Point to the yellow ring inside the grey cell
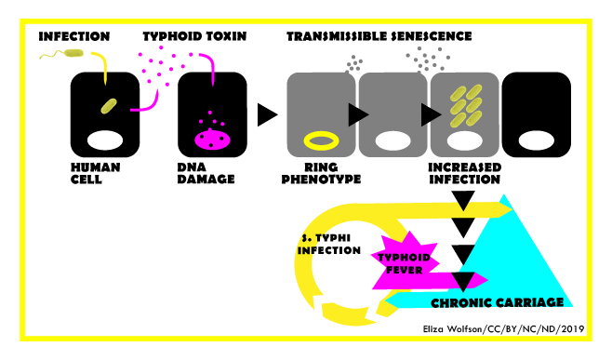[x=322, y=141]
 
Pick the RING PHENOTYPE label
[x=321, y=172]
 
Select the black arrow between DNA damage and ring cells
[x=267, y=115]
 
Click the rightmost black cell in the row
[x=537, y=115]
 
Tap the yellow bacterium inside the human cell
[x=110, y=105]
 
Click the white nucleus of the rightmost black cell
[x=537, y=141]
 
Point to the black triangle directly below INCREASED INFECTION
[x=462, y=198]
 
